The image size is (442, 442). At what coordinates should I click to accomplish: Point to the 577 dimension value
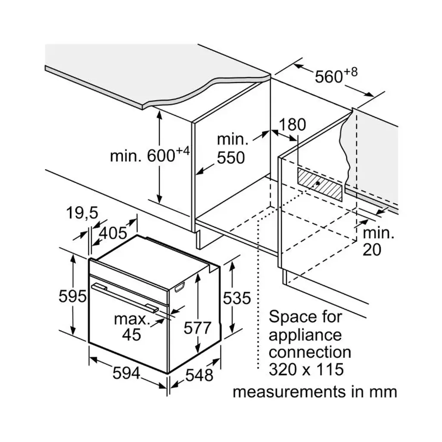click(197, 328)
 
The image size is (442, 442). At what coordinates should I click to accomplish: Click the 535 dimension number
click(237, 298)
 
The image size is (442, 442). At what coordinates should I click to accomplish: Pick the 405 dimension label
click(113, 233)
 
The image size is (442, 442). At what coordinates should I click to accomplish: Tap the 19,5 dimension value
click(82, 212)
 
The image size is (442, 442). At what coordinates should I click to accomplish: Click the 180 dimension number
click(292, 125)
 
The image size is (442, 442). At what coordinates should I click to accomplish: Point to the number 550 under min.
click(230, 158)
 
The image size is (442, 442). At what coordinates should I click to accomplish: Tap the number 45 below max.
click(131, 334)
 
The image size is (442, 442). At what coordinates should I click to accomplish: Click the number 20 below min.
click(372, 250)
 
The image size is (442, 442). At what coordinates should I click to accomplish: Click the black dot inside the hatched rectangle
click(317, 183)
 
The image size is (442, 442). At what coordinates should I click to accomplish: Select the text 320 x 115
click(306, 370)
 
